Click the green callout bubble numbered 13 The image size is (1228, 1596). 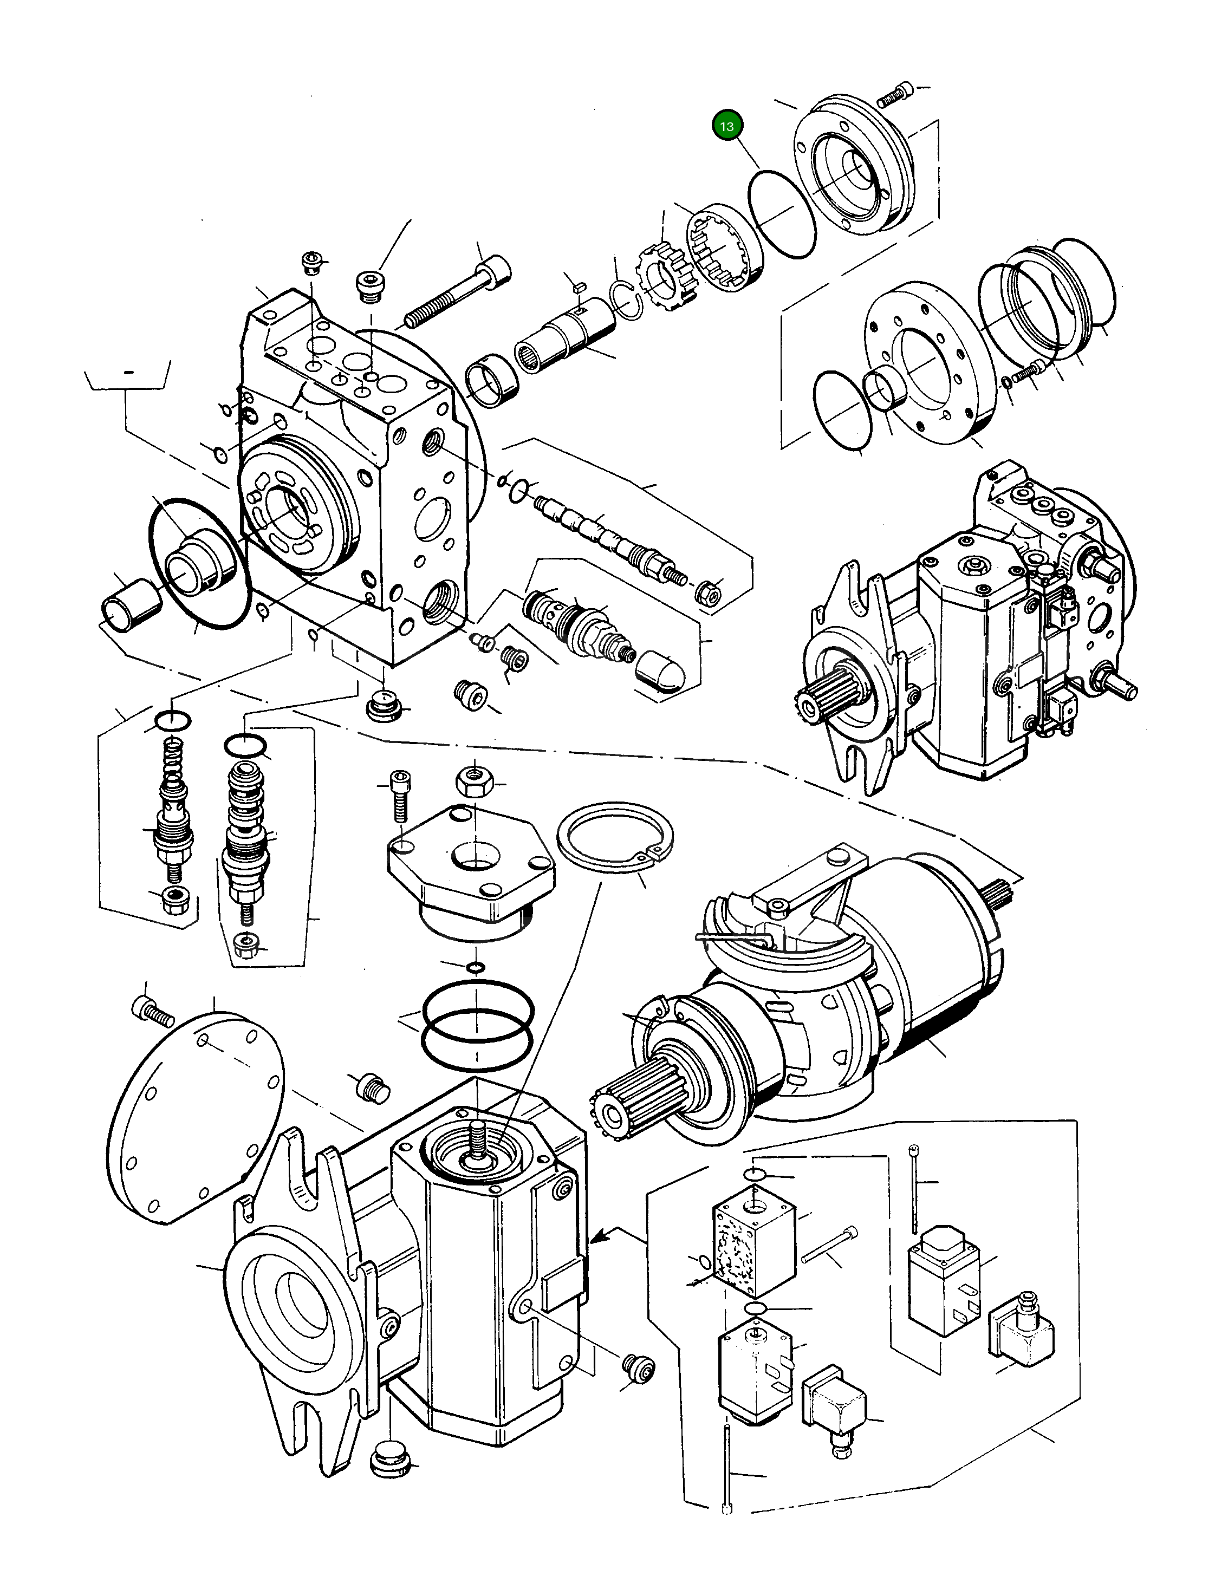pos(726,126)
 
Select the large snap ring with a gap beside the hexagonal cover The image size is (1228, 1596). pos(615,836)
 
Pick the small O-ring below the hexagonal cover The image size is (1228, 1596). pos(476,968)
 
